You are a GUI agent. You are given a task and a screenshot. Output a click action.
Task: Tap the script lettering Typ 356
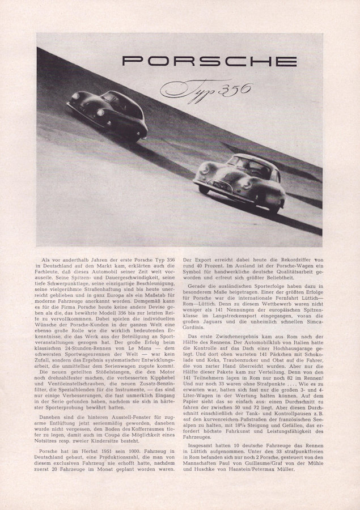[207, 88]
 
